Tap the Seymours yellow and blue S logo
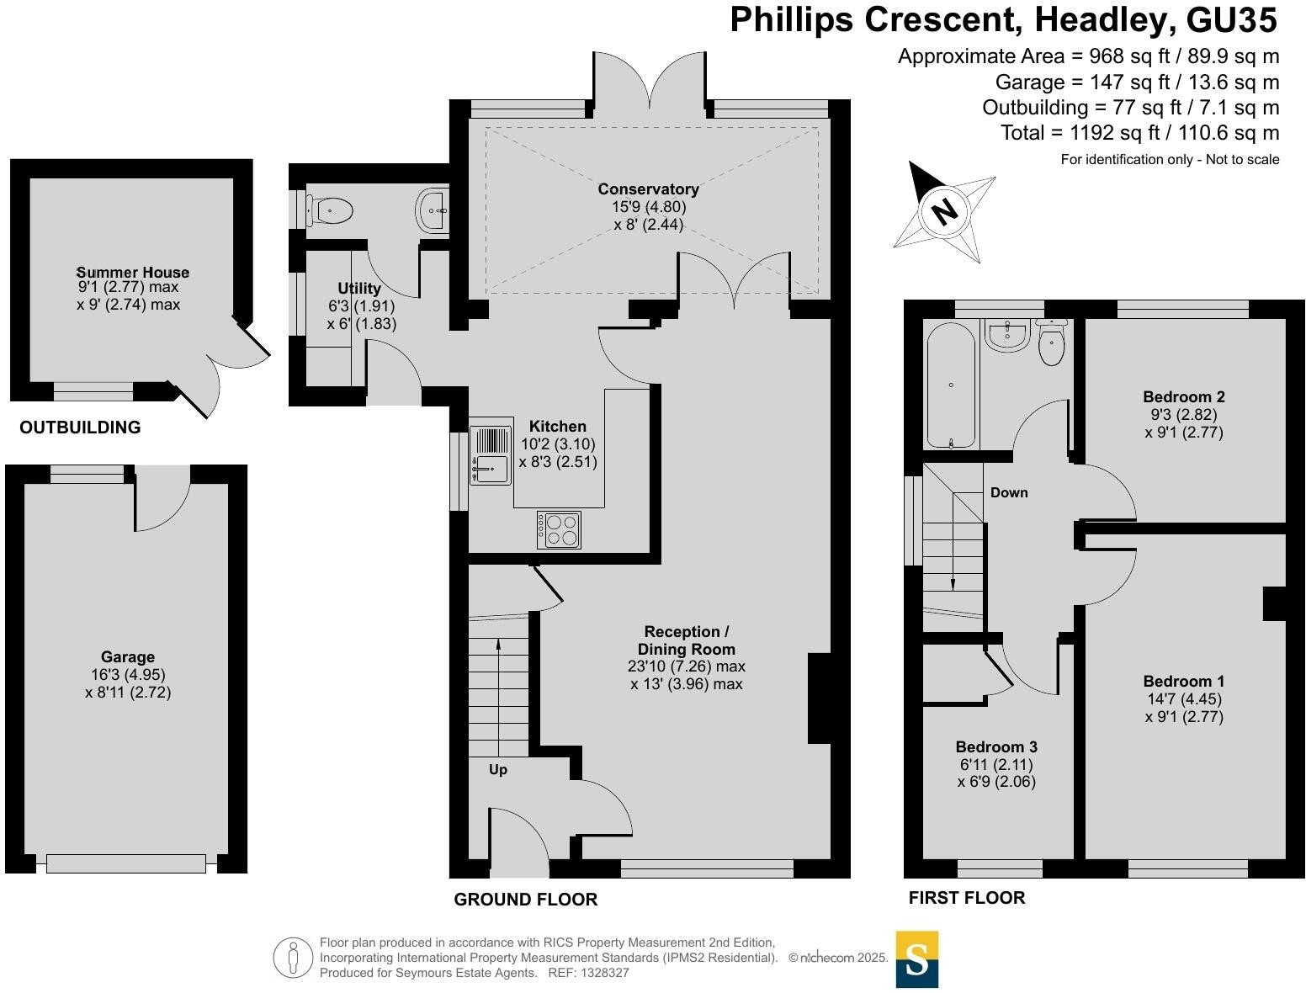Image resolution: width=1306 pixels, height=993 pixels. (916, 958)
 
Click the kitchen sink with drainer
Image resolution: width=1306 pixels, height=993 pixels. (491, 454)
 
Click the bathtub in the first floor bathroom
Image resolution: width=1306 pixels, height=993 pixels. (951, 385)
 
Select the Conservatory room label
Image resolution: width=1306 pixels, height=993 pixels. (648, 189)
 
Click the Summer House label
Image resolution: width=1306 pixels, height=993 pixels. (133, 272)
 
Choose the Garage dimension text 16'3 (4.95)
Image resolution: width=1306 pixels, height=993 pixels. (128, 675)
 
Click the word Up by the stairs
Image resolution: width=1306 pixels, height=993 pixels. (498, 769)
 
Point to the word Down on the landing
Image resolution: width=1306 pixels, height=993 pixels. (1009, 492)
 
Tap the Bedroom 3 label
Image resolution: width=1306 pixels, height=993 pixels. (996, 746)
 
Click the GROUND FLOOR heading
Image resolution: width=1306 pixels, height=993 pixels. (525, 900)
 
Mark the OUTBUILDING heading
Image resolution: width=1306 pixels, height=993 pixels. (80, 427)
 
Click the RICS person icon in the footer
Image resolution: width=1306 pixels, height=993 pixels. (293, 958)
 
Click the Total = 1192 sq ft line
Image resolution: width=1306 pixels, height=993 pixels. (1139, 133)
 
